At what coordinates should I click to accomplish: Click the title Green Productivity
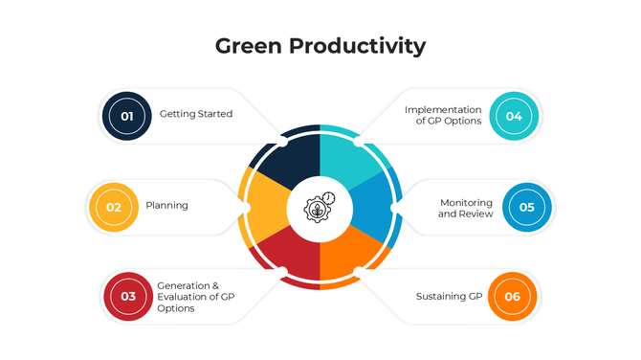pos(320,46)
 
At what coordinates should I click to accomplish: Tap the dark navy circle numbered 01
pos(126,115)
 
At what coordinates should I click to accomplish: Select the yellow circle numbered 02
pos(113,206)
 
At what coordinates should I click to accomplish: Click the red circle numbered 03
pos(128,296)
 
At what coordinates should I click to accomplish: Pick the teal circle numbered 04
pos(514,116)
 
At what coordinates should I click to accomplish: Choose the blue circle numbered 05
pos(527,206)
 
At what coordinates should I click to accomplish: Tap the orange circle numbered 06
pos(512,296)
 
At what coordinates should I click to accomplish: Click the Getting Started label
pos(196,114)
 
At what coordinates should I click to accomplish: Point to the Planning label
pos(166,205)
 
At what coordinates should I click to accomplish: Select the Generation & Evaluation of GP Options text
pos(195,296)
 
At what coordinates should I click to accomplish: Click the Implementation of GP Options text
pos(443,115)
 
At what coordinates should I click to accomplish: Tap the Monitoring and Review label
pos(466,208)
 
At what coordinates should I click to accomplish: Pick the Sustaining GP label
pos(449,296)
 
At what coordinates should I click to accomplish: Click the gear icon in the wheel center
pos(320,207)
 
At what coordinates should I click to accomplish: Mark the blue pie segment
pos(375,206)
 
